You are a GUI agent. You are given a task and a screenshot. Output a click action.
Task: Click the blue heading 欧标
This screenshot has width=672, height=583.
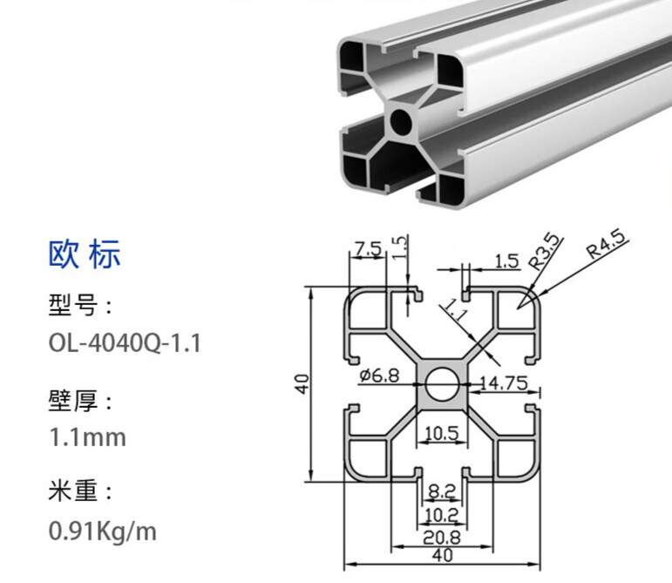(84, 254)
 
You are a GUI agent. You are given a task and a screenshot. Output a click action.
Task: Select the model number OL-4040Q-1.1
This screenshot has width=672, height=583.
(125, 342)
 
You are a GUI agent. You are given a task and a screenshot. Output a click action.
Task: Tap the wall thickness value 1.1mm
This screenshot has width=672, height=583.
(86, 436)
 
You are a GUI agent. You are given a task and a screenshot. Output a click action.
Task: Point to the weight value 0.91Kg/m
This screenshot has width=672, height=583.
(102, 530)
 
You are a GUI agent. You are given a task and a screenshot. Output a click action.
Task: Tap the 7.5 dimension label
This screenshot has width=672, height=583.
(368, 249)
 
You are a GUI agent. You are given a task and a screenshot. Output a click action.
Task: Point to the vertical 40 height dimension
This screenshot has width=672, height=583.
(302, 383)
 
